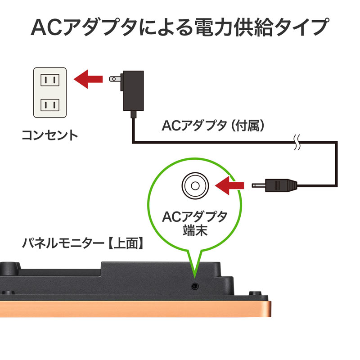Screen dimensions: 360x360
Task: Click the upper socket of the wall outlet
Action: click(x=50, y=80)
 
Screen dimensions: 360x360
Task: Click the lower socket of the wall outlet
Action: click(x=50, y=105)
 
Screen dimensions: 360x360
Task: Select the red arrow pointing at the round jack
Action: click(x=230, y=184)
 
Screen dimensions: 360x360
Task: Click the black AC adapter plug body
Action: click(x=132, y=91)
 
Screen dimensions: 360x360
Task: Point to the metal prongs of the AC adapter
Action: click(x=115, y=79)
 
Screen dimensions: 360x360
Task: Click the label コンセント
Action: click(x=49, y=135)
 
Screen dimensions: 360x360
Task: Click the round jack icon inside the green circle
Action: click(x=195, y=184)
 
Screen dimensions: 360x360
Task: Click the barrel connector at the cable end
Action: click(x=281, y=184)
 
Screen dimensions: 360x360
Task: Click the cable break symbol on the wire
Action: click(x=297, y=143)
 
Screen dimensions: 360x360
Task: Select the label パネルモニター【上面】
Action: click(x=83, y=243)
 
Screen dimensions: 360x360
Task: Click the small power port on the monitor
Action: click(x=194, y=285)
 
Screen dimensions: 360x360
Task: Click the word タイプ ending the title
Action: click(x=306, y=27)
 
